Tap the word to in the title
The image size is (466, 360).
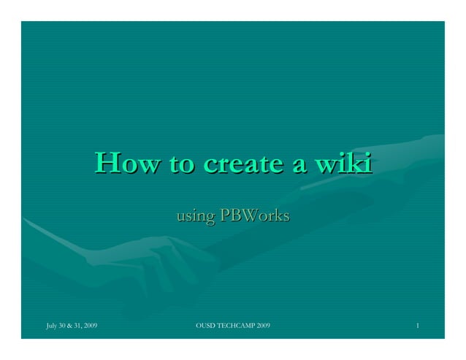182,163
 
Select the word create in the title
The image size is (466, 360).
243,163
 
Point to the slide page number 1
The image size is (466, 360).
416,323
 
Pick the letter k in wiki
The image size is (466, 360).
354,162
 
